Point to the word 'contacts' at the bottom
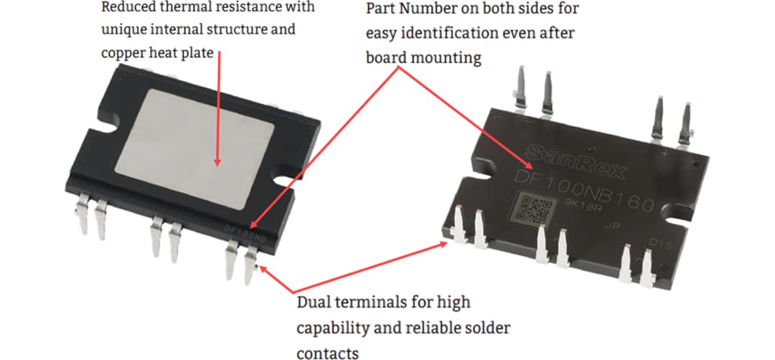327,352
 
